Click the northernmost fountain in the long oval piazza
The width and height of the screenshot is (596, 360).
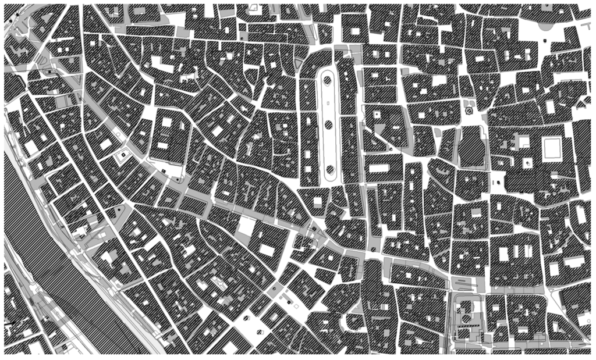pyautogui.click(x=328, y=80)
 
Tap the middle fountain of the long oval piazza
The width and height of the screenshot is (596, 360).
pyautogui.click(x=328, y=123)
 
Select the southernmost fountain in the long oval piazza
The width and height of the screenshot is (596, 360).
pyautogui.click(x=329, y=170)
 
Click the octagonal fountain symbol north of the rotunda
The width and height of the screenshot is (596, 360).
pyautogui.click(x=469, y=109)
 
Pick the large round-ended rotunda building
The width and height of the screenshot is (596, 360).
pyautogui.click(x=472, y=149)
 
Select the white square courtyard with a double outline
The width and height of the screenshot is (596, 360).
pyautogui.click(x=551, y=149)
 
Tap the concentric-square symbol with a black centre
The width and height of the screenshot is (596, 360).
pyautogui.click(x=123, y=155)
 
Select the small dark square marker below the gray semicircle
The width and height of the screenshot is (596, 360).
pyautogui.click(x=544, y=40)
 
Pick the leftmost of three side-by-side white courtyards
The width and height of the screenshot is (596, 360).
pyautogui.click(x=503, y=254)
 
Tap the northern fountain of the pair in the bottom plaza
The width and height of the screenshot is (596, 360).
pyautogui.click(x=275, y=288)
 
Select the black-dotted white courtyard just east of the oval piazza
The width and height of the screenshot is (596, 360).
pyautogui.click(x=377, y=115)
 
